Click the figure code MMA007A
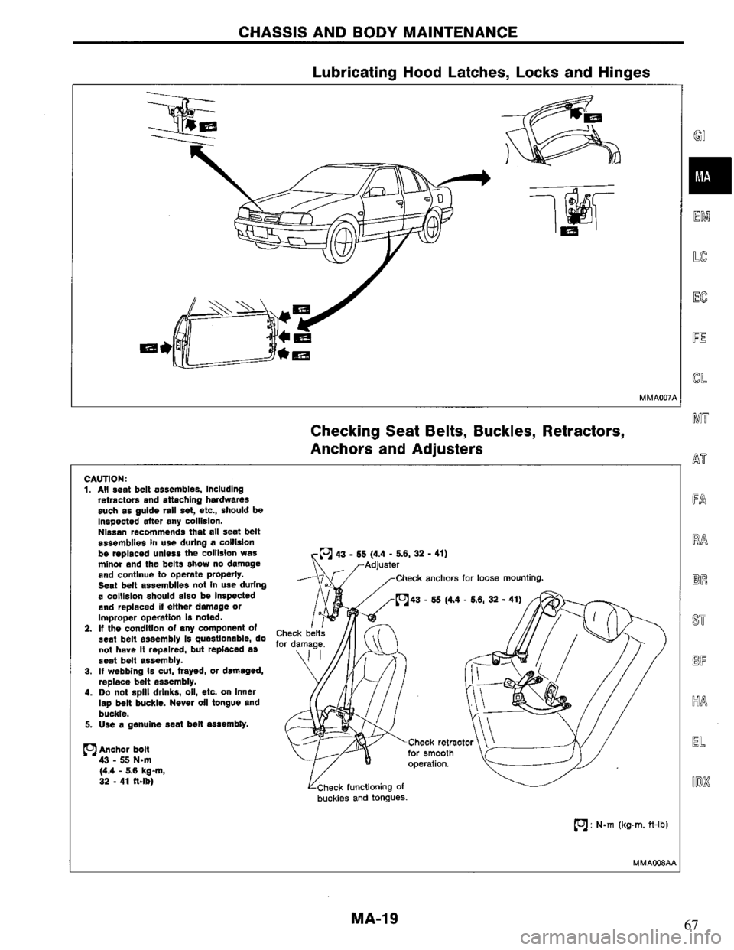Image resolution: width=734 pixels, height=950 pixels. pyautogui.click(x=655, y=397)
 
